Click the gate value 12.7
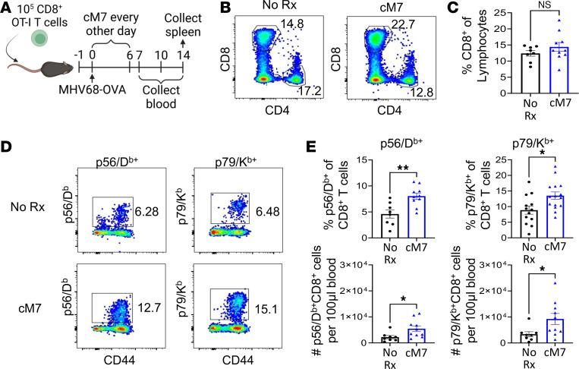tap(147, 287)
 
